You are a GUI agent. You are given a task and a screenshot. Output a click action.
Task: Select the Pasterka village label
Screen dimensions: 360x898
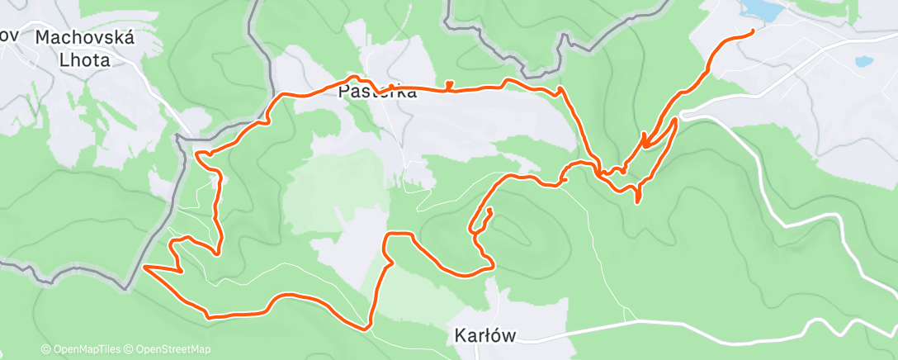click(x=378, y=92)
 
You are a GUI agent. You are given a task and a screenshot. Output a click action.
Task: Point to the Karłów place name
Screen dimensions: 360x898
click(x=484, y=335)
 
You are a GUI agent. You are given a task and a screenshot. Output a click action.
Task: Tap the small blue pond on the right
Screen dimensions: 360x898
click(x=863, y=61)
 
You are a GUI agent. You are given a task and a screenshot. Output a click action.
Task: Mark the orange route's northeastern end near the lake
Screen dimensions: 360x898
click(x=753, y=31)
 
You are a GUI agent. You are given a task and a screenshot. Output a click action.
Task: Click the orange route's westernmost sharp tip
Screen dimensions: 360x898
click(x=144, y=267)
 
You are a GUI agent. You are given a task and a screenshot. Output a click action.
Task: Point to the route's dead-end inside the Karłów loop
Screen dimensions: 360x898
click(x=489, y=211)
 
